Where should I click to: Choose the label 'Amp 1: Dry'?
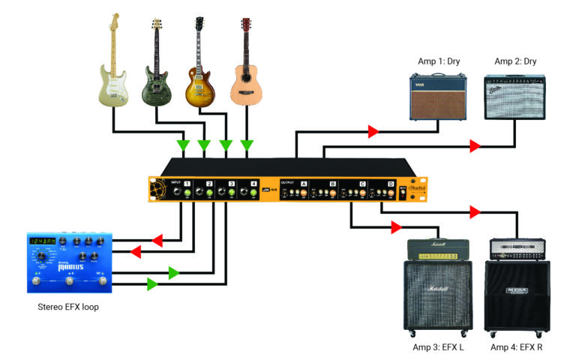438,61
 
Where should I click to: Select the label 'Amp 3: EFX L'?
439,347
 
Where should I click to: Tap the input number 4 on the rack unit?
253,183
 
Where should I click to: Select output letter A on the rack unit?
304,183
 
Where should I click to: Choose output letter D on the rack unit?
391,183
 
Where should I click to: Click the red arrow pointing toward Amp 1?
373,132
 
